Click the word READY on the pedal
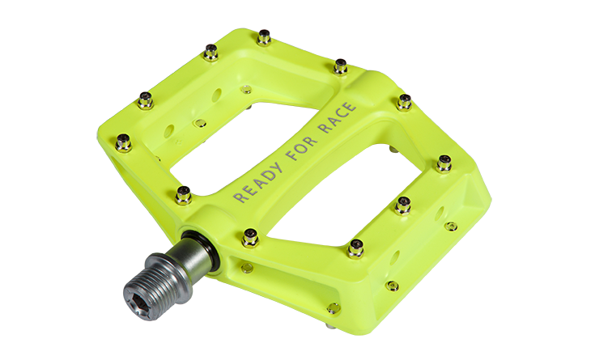coord(258,183)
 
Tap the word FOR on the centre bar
coord(302,148)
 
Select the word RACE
coord(337,117)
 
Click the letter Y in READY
coord(277,169)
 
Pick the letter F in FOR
coord(292,155)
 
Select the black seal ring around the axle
coord(206,248)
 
